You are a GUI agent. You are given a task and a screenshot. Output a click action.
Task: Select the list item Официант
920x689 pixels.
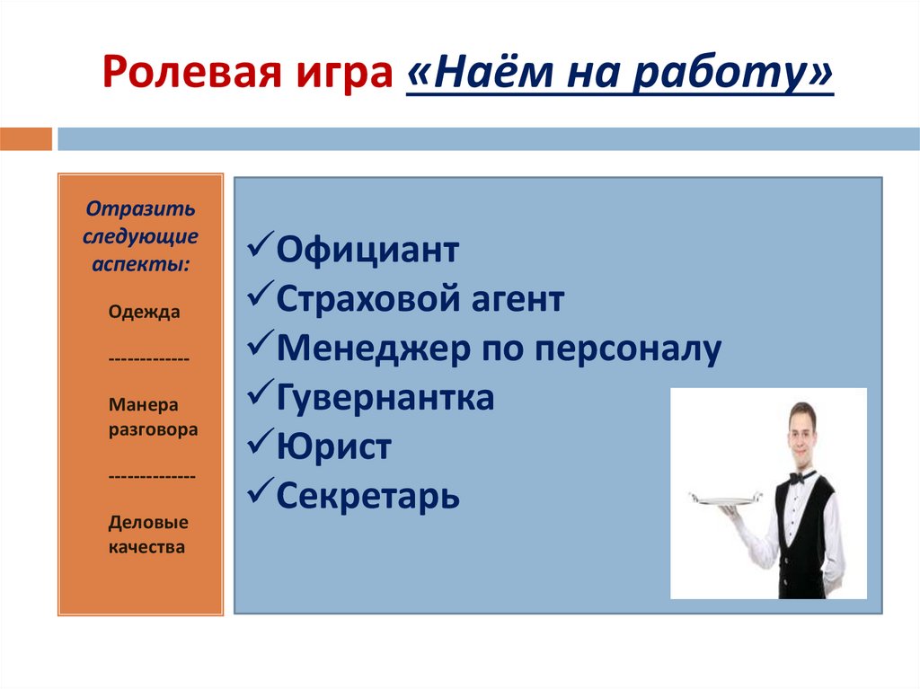pyautogui.click(x=367, y=250)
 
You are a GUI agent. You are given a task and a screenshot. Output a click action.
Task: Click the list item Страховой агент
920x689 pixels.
pyautogui.click(x=420, y=298)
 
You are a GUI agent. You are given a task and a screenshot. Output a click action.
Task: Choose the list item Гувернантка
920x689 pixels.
pyautogui.click(x=385, y=397)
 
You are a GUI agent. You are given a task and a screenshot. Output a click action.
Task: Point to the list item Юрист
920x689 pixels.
pyautogui.click(x=333, y=446)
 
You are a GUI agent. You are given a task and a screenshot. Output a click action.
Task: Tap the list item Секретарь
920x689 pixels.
pyautogui.click(x=367, y=495)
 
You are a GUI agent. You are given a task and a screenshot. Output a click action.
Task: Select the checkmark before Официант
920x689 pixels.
pyautogui.click(x=260, y=250)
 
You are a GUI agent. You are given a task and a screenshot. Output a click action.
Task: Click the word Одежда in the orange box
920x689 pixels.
pyautogui.click(x=144, y=313)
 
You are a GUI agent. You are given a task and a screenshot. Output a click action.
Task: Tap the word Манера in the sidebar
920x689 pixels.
pyautogui.click(x=144, y=403)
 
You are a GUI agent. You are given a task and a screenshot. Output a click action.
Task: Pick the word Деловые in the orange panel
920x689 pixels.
pyautogui.click(x=148, y=522)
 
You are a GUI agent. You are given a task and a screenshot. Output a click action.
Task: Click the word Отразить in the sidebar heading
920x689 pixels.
pyautogui.click(x=140, y=208)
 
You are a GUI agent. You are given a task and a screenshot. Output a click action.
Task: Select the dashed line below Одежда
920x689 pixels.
pyautogui.click(x=148, y=358)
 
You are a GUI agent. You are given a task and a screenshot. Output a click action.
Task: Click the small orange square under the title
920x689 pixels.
pyautogui.click(x=26, y=139)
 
